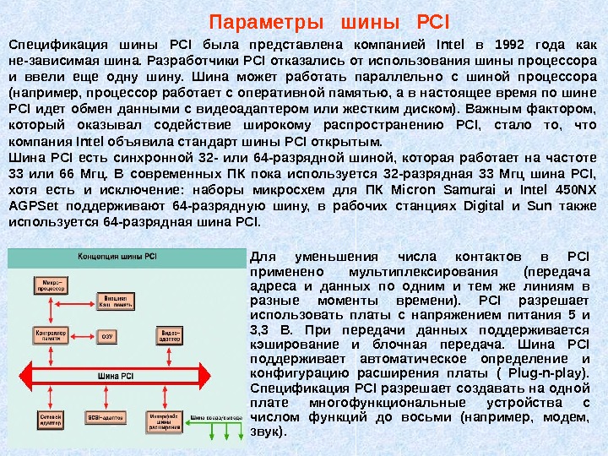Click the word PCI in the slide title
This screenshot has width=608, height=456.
pyautogui.click(x=434, y=19)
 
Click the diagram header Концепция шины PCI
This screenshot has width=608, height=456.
pyautogui.click(x=117, y=254)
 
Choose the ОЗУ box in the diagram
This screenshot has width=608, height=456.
pyautogui.click(x=107, y=335)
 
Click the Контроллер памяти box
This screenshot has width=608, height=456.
pyautogui.click(x=50, y=335)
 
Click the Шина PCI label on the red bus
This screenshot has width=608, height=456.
pyautogui.click(x=114, y=375)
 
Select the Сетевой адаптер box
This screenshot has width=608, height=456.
pyautogui.click(x=49, y=419)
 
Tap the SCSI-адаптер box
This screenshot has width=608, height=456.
pyautogui.click(x=108, y=417)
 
